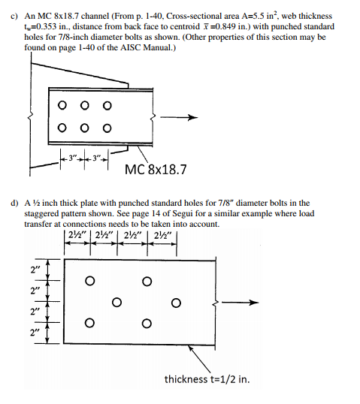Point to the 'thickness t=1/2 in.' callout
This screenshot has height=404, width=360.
point(207,378)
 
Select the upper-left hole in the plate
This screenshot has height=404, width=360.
point(89,282)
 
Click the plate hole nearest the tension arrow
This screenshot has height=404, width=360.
point(175,303)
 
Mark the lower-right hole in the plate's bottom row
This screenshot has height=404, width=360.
point(147,324)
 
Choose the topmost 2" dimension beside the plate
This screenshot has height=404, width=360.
point(34,268)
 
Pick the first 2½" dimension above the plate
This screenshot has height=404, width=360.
point(76,241)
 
